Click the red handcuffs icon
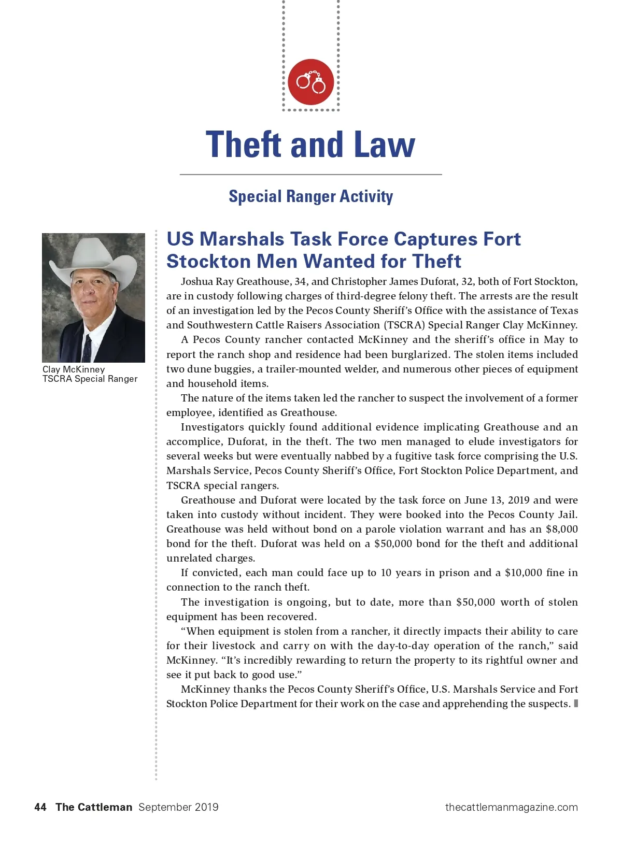[310, 82]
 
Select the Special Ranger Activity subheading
[310, 196]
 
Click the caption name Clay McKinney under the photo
[74, 369]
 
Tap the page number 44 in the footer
[40, 807]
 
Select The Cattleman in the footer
[94, 807]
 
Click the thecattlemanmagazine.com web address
[511, 807]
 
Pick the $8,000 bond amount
[562, 529]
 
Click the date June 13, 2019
[497, 500]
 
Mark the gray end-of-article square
[576, 704]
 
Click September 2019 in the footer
[178, 807]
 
